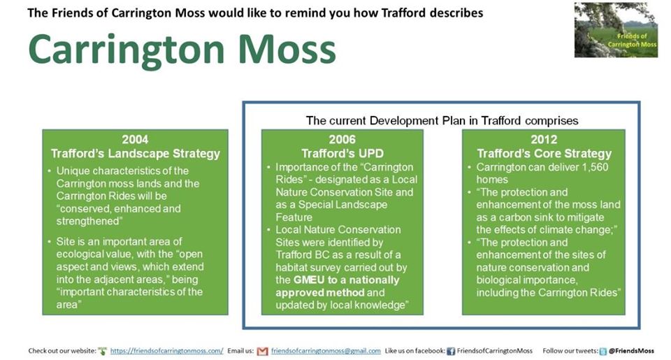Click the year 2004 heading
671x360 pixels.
pyautogui.click(x=135, y=140)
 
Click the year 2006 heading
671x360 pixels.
pyautogui.click(x=342, y=140)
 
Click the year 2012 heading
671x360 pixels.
pyautogui.click(x=544, y=140)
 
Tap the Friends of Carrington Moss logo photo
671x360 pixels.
pyautogui.click(x=616, y=30)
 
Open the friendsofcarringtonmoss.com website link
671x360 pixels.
pyautogui.click(x=167, y=351)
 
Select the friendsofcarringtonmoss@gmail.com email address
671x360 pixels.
pyautogui.click(x=326, y=351)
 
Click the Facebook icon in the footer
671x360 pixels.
pyautogui.click(x=451, y=352)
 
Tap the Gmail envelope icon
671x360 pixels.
pyautogui.click(x=262, y=352)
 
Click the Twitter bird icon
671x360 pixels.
pyautogui.click(x=603, y=352)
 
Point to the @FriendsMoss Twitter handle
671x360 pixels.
pyautogui.click(x=631, y=351)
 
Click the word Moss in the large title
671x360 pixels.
pyautogui.click(x=287, y=50)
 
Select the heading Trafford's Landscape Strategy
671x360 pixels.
pyautogui.click(x=135, y=154)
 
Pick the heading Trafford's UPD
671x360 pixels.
pyautogui.click(x=342, y=154)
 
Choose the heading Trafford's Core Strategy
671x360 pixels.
pyautogui.click(x=544, y=154)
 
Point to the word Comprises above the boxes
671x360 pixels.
pyautogui.click(x=551, y=121)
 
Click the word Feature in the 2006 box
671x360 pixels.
pyautogui.click(x=294, y=217)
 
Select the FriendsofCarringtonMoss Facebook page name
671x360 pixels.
pyautogui.click(x=495, y=351)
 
